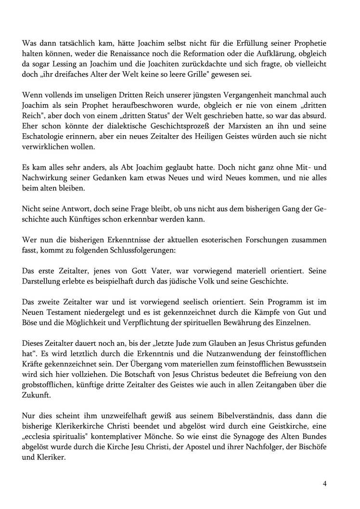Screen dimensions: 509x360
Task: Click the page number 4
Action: pos(325,484)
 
